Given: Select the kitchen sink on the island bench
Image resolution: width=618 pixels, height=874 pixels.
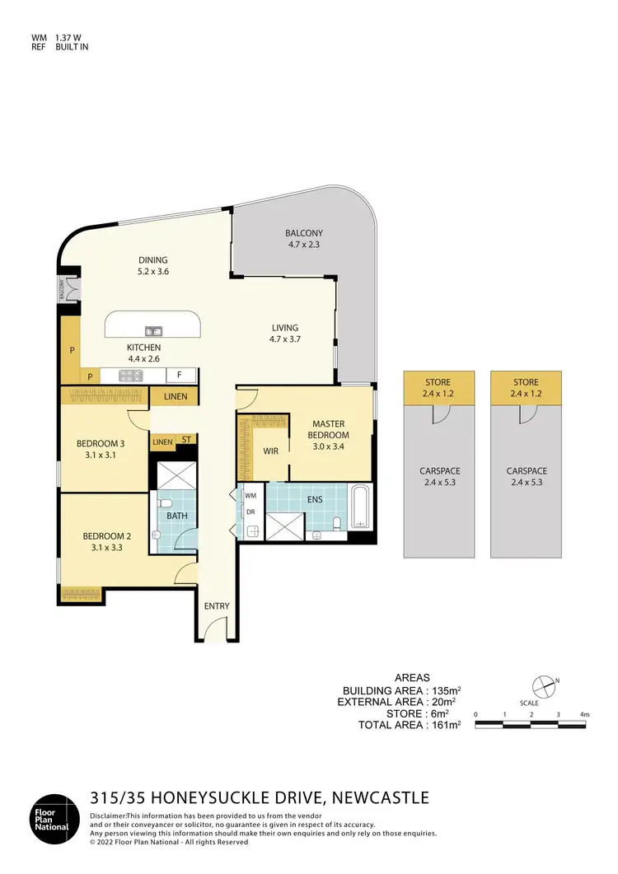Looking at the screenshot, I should point(153,330).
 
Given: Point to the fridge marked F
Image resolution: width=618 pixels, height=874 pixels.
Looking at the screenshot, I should point(180,376).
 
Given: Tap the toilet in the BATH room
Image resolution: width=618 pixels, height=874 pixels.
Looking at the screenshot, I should point(164,504).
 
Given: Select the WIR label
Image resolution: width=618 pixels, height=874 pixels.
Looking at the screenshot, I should point(270,451).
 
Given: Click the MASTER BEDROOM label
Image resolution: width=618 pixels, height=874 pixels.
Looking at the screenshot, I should point(328,429).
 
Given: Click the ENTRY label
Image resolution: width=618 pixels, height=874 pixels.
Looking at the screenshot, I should point(217,607).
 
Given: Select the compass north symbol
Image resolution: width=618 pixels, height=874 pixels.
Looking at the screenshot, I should point(543,683).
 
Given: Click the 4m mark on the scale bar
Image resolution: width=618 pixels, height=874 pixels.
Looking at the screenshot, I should point(583,714).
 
